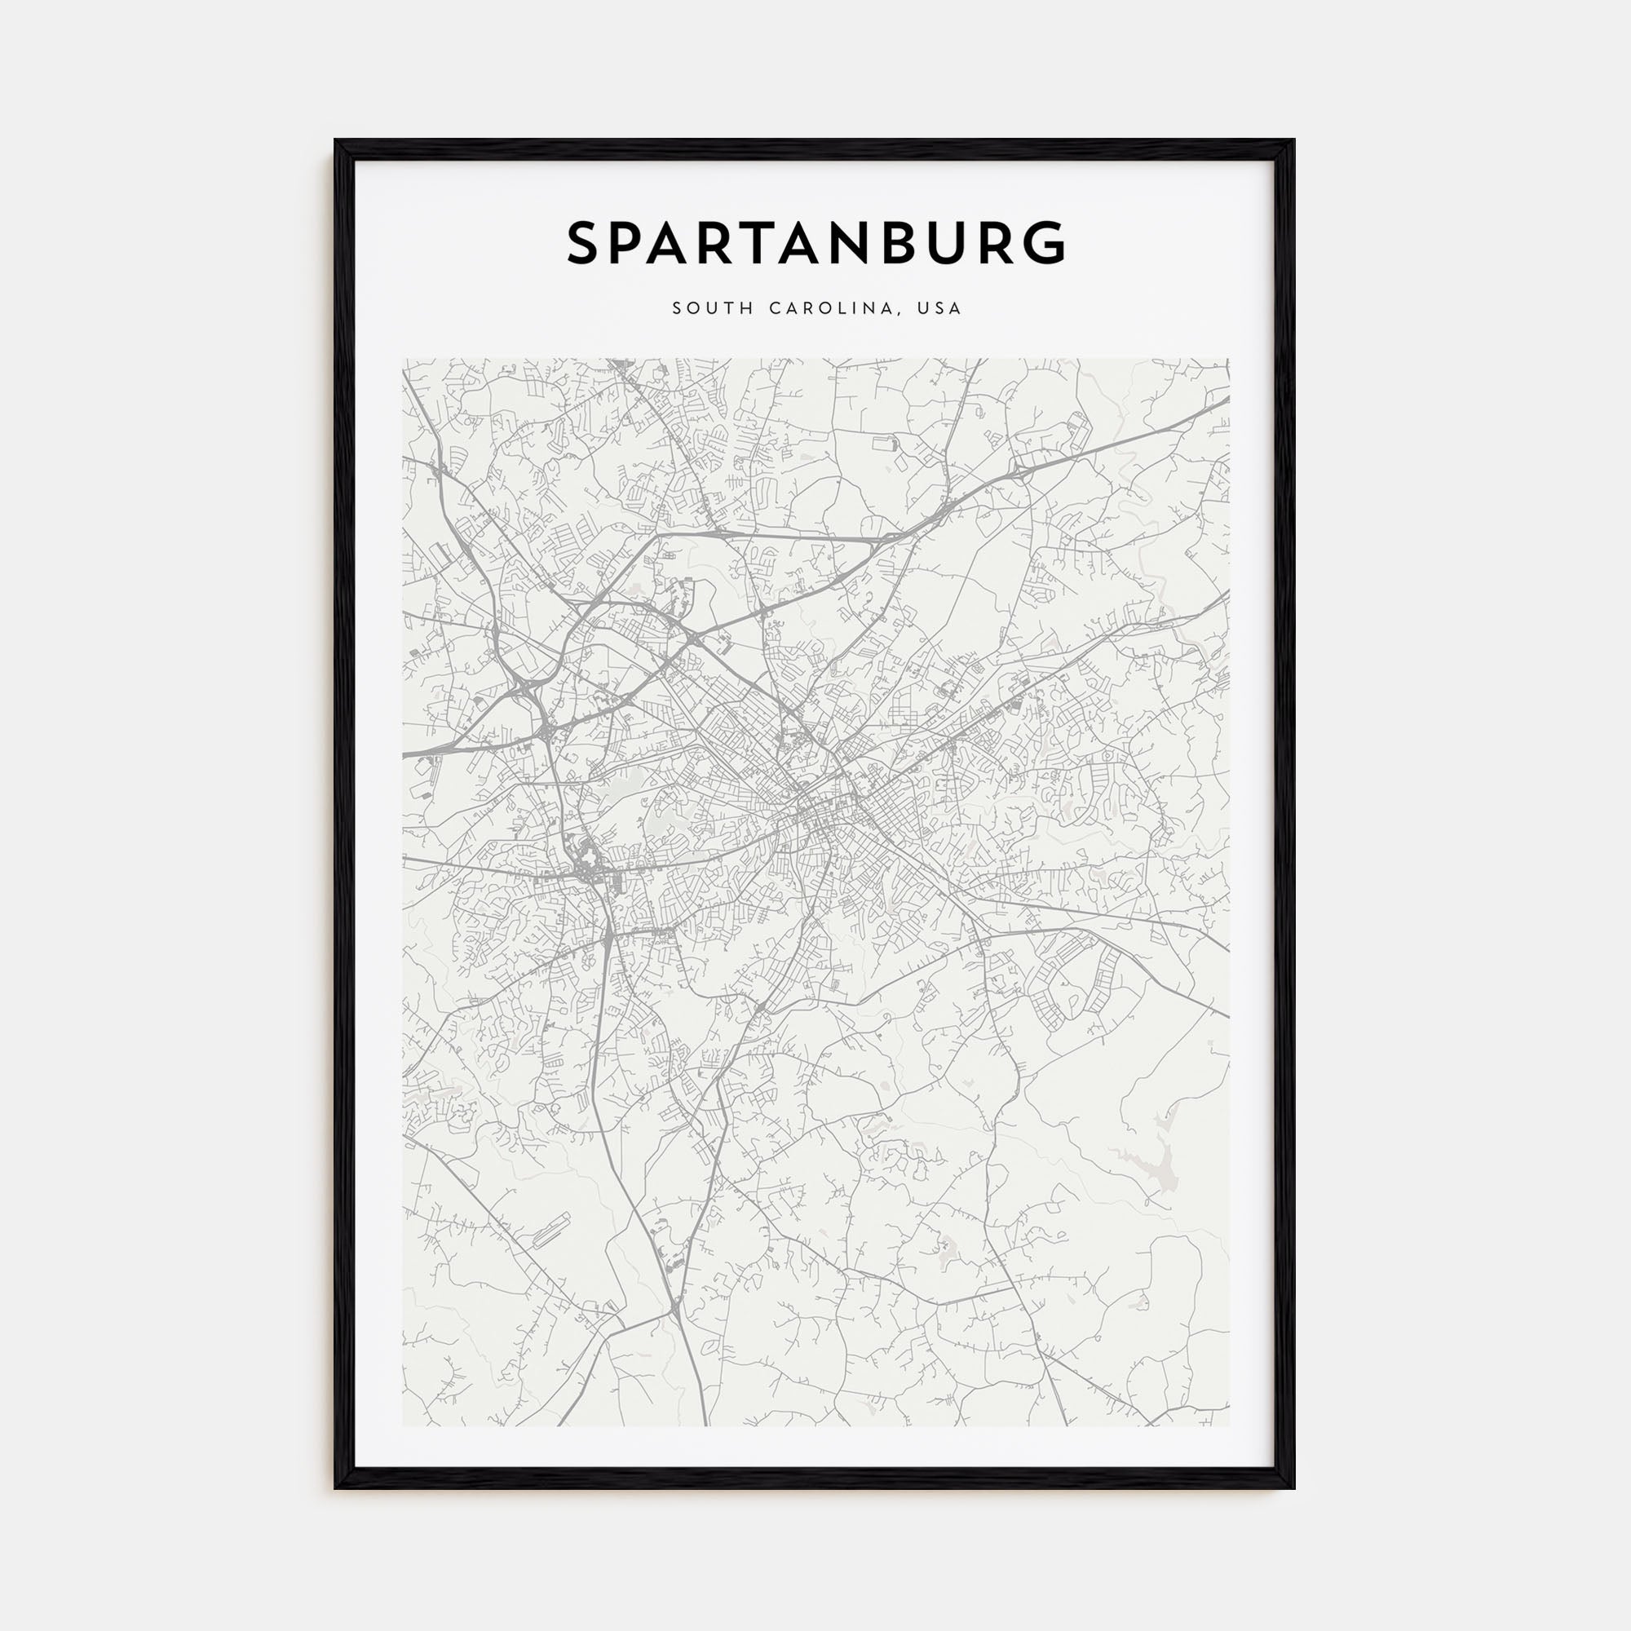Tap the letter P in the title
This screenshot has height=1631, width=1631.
[634, 243]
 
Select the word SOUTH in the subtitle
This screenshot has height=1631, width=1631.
[714, 309]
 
